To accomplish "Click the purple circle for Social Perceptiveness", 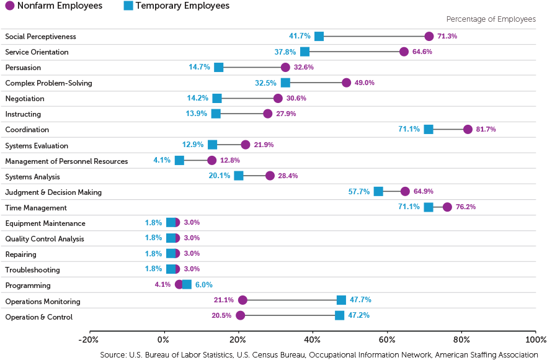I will coord(429,36).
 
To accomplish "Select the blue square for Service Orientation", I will coord(305,52).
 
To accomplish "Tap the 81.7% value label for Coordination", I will coord(485,130).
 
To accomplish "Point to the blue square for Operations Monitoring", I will coord(341,300).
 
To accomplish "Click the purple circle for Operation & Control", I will coord(240,315).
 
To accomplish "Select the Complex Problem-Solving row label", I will coord(48,83).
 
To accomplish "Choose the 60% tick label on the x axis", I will coord(387,340).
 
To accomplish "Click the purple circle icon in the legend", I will coord(9,6).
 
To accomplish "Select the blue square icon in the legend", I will coord(128,6).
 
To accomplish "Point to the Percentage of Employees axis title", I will coord(491,19).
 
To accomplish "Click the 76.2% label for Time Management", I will coord(466,207).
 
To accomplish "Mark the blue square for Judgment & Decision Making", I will coord(378,191).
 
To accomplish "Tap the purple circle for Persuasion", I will coord(285,67).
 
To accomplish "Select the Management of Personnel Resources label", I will coord(66,161).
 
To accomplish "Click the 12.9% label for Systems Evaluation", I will coord(192,145).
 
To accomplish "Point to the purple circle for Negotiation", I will coord(278,98).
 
